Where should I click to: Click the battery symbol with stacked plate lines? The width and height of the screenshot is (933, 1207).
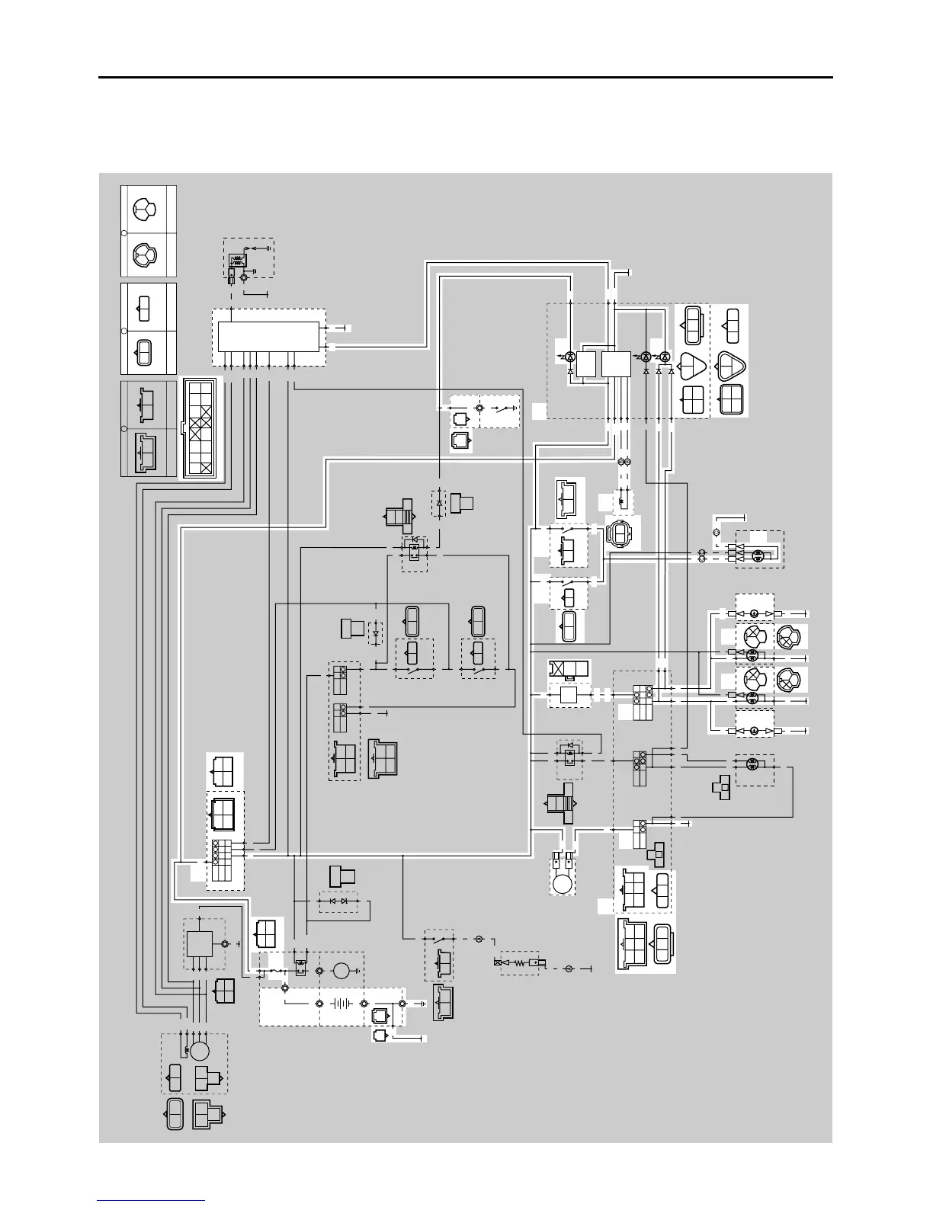341,1003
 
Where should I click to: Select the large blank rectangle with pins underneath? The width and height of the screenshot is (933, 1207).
268,336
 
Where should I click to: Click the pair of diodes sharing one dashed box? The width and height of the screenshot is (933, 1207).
338,901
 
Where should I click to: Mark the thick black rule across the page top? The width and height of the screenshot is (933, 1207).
465,77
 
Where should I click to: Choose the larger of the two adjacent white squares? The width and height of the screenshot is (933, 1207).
616,363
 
